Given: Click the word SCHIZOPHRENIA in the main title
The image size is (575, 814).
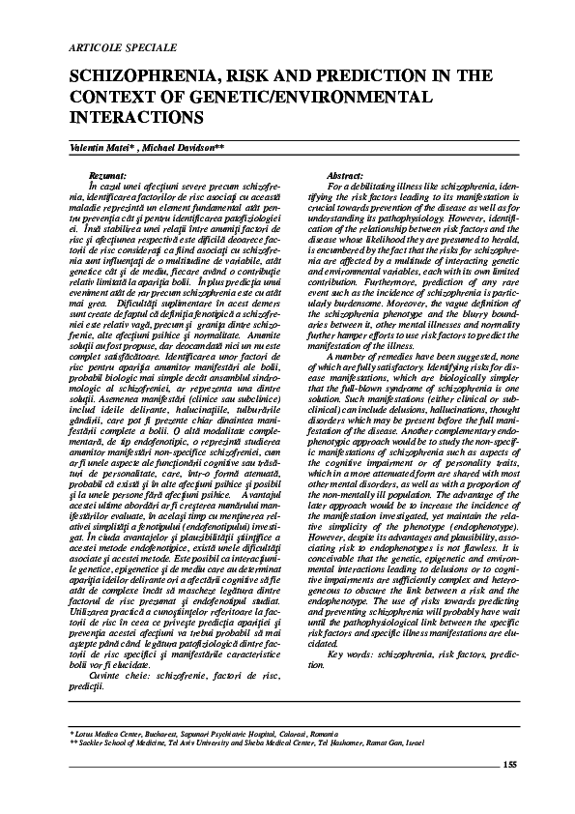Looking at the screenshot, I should (142, 78).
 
